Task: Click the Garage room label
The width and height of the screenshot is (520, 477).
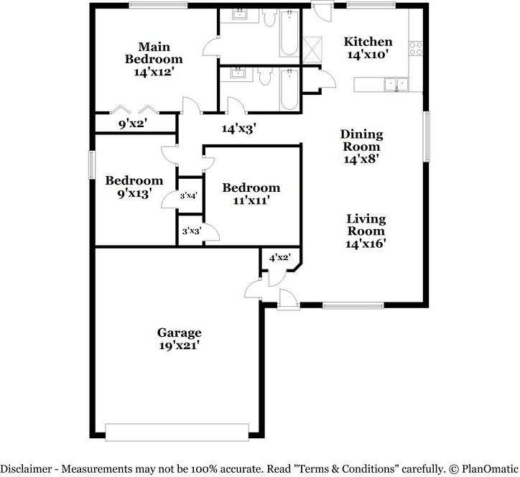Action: [x=179, y=333]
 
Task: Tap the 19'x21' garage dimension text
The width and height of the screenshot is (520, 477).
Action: [x=179, y=346]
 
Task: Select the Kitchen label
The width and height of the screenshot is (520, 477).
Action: [x=368, y=42]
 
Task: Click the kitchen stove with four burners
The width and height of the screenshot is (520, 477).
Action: [x=415, y=48]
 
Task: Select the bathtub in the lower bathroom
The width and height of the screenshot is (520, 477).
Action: [x=289, y=89]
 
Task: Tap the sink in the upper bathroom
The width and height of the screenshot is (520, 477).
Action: [x=241, y=15]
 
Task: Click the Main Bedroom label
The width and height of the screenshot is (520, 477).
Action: [x=153, y=52]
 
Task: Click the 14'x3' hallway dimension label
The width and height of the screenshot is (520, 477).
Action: [x=239, y=129]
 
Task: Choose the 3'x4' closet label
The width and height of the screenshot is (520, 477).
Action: [x=189, y=195]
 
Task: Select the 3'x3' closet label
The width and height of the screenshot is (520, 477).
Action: [x=190, y=231]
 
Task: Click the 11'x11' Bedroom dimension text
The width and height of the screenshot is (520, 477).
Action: [x=251, y=201]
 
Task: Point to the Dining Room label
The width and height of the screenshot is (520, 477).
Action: [x=361, y=140]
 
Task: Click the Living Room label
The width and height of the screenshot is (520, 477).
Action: [x=366, y=225]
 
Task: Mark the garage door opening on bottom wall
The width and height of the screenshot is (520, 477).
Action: [x=178, y=431]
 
